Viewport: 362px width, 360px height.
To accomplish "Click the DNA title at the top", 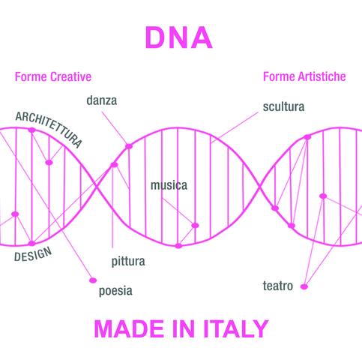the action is (178, 37).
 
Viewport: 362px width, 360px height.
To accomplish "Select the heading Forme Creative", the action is (53, 76).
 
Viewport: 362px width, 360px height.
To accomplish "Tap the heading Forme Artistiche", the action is (304, 76).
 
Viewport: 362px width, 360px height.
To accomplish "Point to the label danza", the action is (102, 100).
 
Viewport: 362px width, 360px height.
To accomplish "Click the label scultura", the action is (283, 106).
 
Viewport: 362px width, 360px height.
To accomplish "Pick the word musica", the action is (169, 185).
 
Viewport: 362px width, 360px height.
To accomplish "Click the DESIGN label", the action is (33, 254).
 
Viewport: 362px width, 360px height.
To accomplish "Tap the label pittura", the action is (128, 262).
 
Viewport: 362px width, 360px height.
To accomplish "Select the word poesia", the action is (115, 291).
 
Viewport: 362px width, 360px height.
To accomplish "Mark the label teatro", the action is (278, 286).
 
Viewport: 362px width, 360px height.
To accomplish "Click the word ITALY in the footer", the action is (236, 328).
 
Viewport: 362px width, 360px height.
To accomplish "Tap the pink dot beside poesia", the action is (93, 280).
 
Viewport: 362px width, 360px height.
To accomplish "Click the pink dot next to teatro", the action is (304, 286).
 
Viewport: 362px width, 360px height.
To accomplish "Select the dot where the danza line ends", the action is (129, 146).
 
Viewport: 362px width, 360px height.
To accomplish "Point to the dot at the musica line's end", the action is (195, 226).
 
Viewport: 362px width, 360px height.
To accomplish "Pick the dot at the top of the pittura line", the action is (114, 165).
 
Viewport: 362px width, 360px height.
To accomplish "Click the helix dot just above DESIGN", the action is (31, 243).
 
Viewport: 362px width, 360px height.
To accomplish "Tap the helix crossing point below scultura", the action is (260, 187).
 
